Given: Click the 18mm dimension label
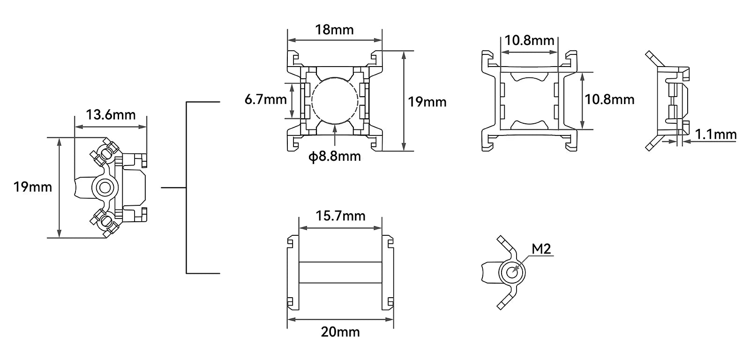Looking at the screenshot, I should coord(334,30).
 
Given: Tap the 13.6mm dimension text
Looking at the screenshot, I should coord(110,114).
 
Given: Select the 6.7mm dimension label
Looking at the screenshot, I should coord(265,99).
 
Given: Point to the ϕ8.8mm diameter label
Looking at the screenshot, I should coord(335,156).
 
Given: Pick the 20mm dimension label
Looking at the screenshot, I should coord(340,332).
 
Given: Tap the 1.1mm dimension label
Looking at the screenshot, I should coord(716,135).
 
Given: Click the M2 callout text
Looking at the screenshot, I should coord(541,249).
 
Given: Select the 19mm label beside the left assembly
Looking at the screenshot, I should coord(32,187).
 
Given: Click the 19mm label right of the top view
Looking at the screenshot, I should coord(427,102).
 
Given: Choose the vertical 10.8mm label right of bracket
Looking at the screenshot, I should coord(609,99).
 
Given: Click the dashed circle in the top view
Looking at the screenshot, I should coord(335,100).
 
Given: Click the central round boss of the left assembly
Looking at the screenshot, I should coord(104,187).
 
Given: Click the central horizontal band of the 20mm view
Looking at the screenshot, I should coord(340,272).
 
